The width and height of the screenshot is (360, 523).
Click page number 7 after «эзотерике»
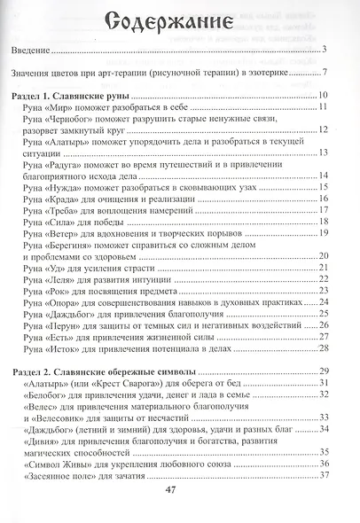click(326, 74)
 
